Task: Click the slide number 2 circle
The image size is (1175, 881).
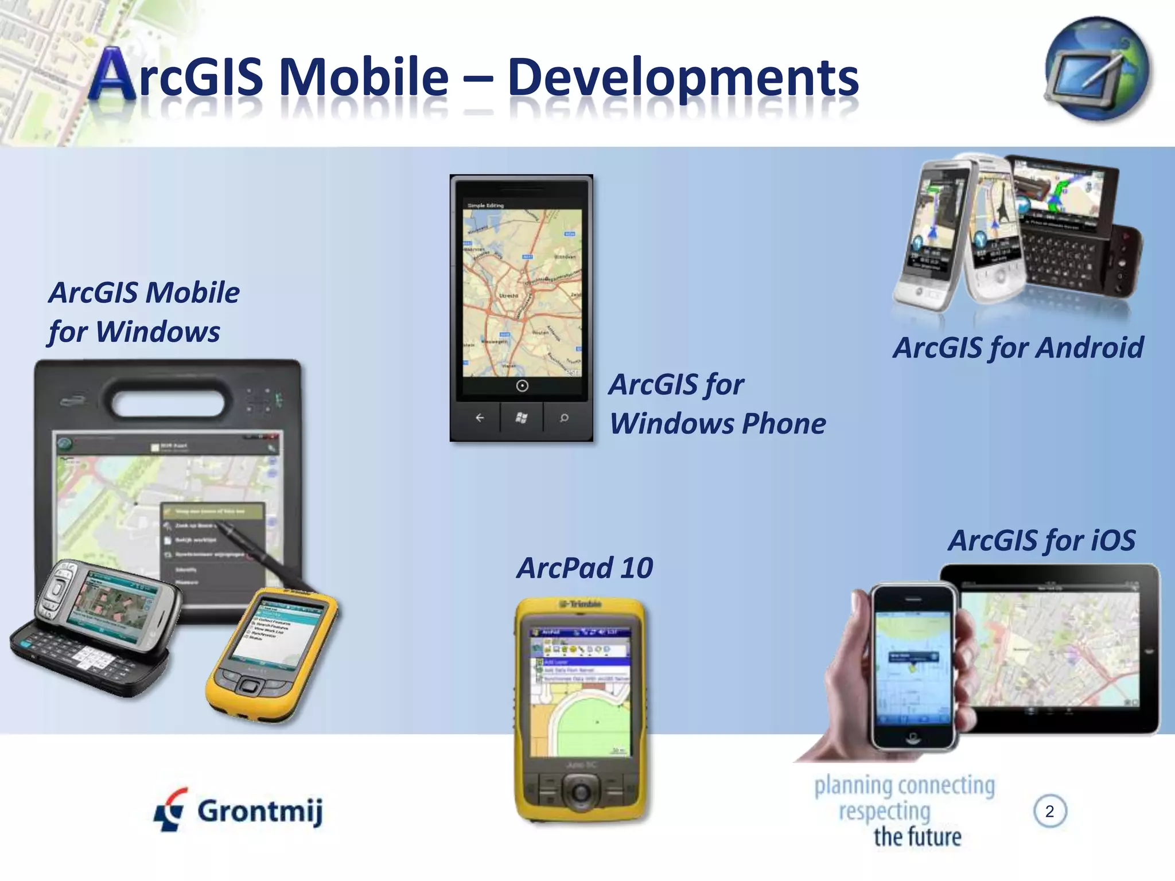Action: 1049,811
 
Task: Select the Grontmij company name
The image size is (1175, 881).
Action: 260,812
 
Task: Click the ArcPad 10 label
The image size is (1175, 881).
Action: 585,568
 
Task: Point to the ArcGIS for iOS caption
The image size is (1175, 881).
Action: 1041,540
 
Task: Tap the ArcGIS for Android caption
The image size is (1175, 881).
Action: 1018,348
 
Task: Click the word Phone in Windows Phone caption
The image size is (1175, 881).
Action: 784,424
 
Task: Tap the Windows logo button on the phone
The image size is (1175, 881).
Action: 521,418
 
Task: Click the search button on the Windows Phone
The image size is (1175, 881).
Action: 564,418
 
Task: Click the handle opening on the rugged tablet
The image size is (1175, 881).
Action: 168,397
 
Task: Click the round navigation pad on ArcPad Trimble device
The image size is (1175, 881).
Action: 581,792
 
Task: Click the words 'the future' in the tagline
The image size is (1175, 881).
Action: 917,837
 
